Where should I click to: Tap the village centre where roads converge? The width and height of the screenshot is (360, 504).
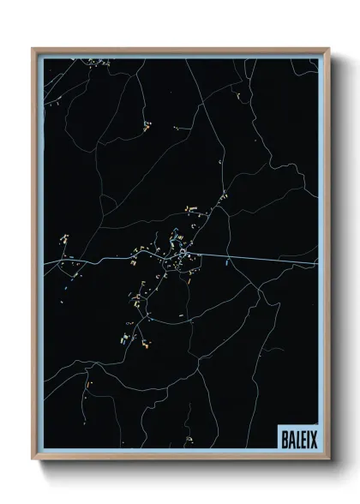(x=183, y=254)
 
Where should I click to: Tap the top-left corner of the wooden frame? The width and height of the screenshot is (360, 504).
(x=33, y=49)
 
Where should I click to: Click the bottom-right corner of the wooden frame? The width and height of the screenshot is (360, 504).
(x=328, y=460)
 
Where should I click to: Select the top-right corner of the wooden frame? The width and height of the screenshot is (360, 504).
(x=328, y=49)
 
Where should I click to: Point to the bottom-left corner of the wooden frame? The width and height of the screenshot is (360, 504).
(x=33, y=460)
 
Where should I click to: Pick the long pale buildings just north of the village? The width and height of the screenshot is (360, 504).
(x=191, y=209)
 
